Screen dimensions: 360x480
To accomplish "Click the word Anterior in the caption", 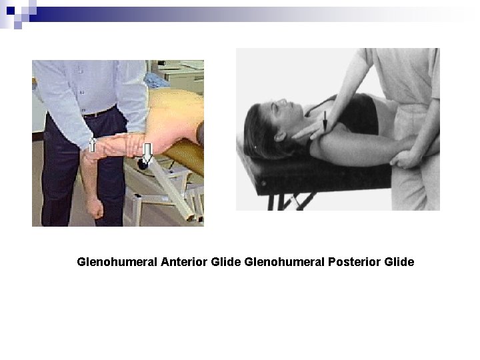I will coord(184,262).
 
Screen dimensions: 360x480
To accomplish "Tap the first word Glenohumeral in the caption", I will coord(117,262).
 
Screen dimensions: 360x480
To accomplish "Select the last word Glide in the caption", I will coord(399,262).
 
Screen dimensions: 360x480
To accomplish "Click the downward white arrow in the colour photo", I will coord(147,153).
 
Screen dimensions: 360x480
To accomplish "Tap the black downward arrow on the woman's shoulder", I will coord(325,121).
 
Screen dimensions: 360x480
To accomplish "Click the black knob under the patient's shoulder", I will coord(142,162).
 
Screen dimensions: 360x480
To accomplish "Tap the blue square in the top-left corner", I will coord(10,10).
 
